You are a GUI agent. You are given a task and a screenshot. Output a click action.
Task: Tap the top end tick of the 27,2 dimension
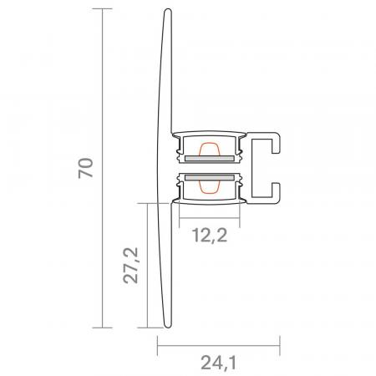(147, 201)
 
